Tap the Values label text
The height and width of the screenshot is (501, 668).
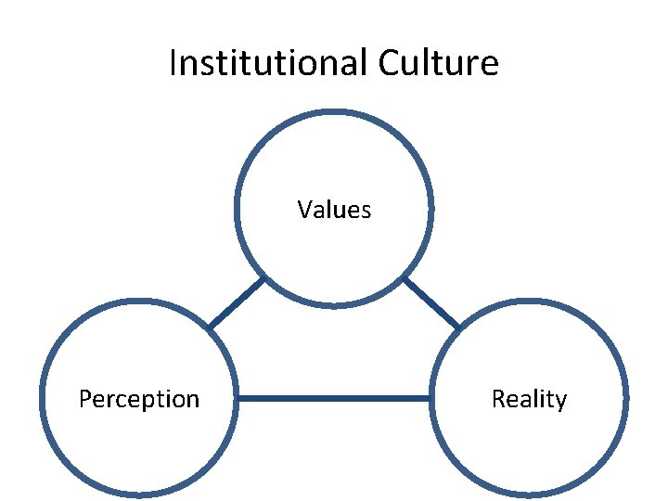tap(334, 210)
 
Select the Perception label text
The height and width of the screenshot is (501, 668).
tap(139, 399)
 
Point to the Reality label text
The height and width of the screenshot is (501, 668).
tap(529, 399)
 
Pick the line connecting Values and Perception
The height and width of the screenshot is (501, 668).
tap(237, 302)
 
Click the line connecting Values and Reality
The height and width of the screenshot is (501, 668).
tap(431, 302)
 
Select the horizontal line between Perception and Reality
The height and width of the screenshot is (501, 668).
tap(334, 399)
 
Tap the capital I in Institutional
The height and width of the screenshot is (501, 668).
tap(173, 63)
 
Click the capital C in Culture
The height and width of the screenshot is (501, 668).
tap(391, 63)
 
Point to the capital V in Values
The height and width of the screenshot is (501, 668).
tap(304, 210)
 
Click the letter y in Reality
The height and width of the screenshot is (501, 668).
tap(560, 401)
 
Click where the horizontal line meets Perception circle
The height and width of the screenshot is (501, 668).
tap(238, 399)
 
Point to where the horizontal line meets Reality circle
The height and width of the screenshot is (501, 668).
tap(431, 399)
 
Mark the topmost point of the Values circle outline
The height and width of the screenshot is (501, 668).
tap(334, 112)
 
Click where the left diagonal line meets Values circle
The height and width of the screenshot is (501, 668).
tap(264, 277)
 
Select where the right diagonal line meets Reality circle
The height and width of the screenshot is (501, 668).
tap(458, 328)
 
